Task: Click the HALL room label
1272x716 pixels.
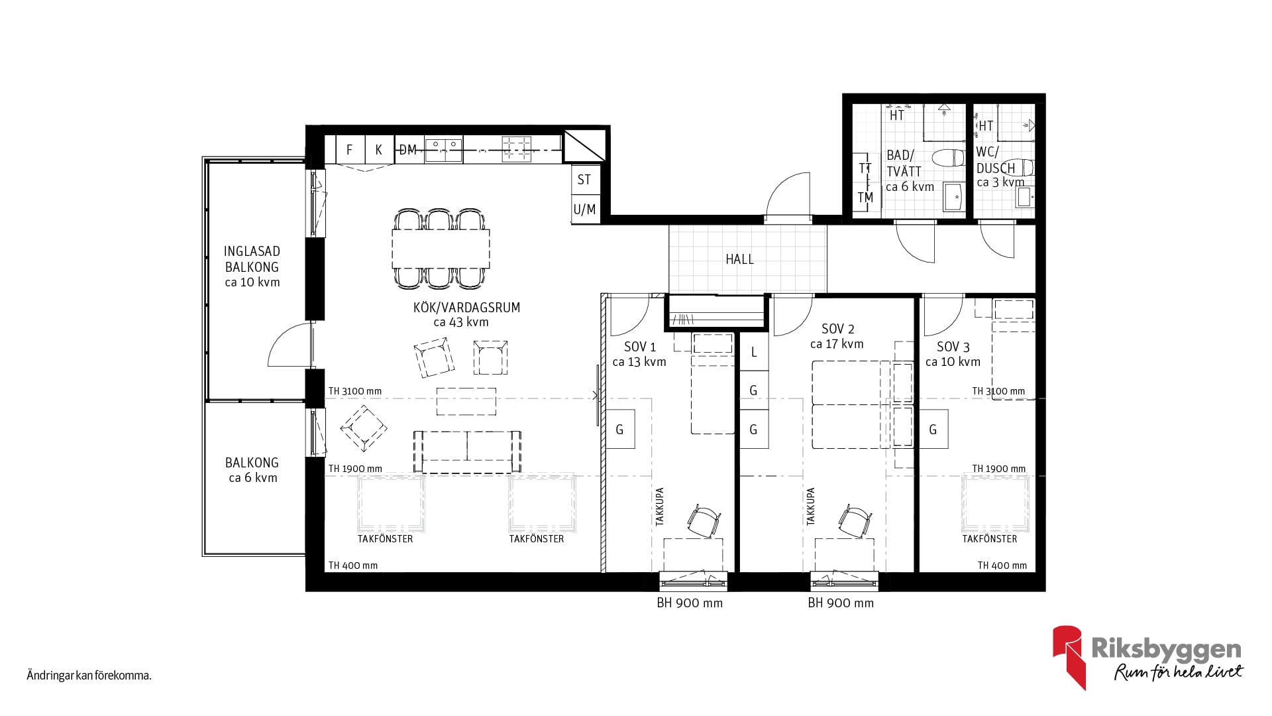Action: pyautogui.click(x=739, y=259)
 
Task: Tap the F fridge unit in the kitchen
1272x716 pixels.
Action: pyautogui.click(x=350, y=149)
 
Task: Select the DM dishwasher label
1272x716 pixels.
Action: pyautogui.click(x=408, y=150)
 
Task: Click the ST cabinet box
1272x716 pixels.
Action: pyautogui.click(x=584, y=179)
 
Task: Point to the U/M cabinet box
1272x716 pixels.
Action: pyautogui.click(x=584, y=209)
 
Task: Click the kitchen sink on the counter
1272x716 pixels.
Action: pyautogui.click(x=444, y=149)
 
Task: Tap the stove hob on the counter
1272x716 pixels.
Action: pyautogui.click(x=517, y=149)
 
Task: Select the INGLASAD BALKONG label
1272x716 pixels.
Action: pyautogui.click(x=252, y=259)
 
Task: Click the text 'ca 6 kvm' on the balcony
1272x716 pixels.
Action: pyautogui.click(x=253, y=478)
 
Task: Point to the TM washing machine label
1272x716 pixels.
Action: pyautogui.click(x=865, y=198)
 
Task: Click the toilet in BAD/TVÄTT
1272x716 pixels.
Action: pyautogui.click(x=948, y=158)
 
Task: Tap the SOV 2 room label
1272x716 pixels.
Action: pyautogui.click(x=837, y=329)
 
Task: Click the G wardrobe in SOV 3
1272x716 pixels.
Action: pyautogui.click(x=933, y=430)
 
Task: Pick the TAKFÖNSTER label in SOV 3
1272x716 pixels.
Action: pyautogui.click(x=990, y=539)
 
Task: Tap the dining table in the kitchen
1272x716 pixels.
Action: pyautogui.click(x=441, y=248)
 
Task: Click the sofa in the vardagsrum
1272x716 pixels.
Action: pyautogui.click(x=467, y=451)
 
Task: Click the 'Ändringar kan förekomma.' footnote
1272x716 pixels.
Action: pyautogui.click(x=89, y=676)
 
